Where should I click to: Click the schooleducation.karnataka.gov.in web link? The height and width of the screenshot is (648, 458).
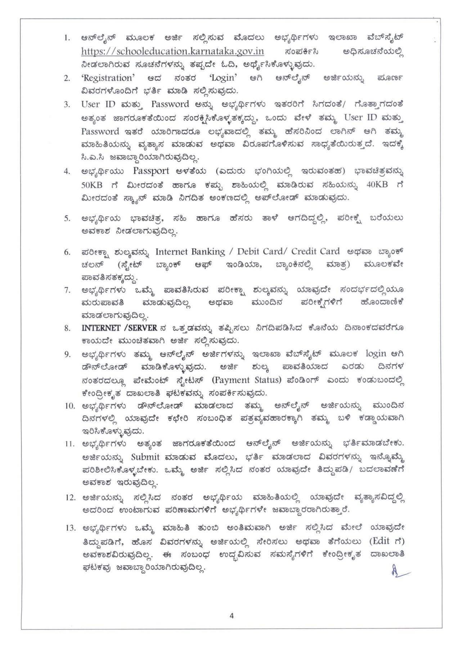[172, 51]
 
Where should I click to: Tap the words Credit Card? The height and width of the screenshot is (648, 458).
[315, 251]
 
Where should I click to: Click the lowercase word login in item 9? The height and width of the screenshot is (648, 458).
[376, 354]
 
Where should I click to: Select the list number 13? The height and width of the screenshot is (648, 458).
[69, 528]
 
